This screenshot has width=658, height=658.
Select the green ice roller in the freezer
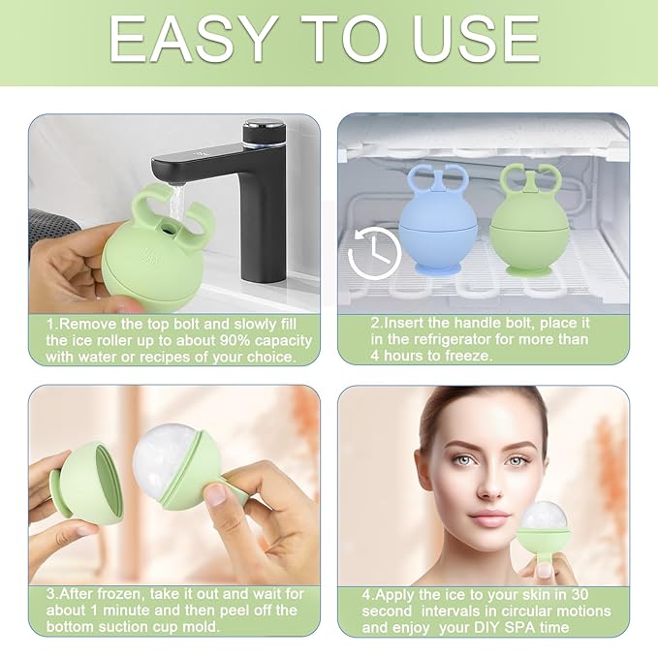click(x=529, y=229)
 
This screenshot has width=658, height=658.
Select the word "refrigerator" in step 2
click(x=441, y=340)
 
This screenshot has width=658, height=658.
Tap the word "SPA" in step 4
click(x=529, y=628)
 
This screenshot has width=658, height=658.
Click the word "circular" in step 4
click(x=514, y=611)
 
